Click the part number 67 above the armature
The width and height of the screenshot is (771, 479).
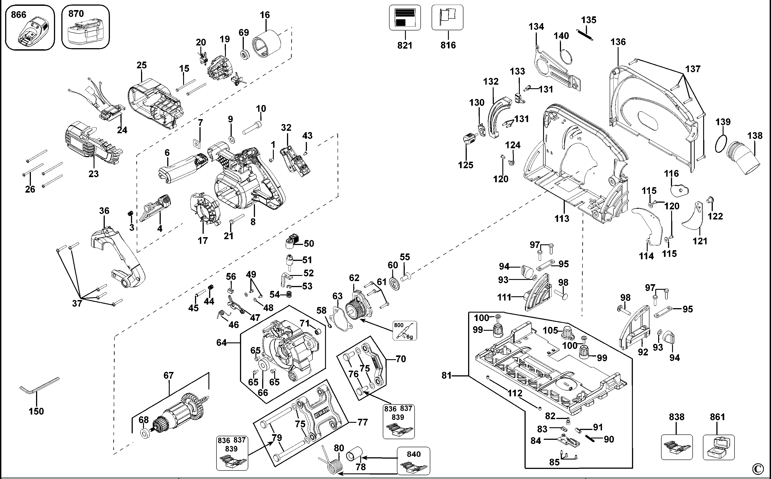[168, 375]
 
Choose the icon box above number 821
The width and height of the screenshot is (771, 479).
[405, 18]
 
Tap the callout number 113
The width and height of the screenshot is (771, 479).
[562, 218]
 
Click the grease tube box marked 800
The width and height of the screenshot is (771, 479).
[404, 331]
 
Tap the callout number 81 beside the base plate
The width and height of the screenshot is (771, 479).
[446, 375]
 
